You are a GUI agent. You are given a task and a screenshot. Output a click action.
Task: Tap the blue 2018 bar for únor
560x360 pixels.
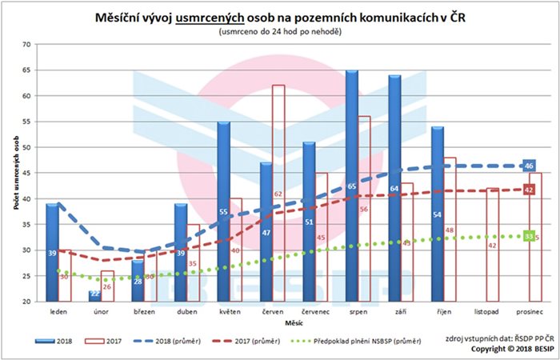pyautogui.click(x=95, y=297)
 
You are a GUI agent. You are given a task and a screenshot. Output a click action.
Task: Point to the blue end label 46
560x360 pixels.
pyautogui.click(x=529, y=166)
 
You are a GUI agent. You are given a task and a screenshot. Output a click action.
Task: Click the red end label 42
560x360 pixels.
pyautogui.click(x=529, y=190)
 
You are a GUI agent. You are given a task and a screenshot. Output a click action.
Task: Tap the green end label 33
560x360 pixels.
pyautogui.click(x=528, y=236)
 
